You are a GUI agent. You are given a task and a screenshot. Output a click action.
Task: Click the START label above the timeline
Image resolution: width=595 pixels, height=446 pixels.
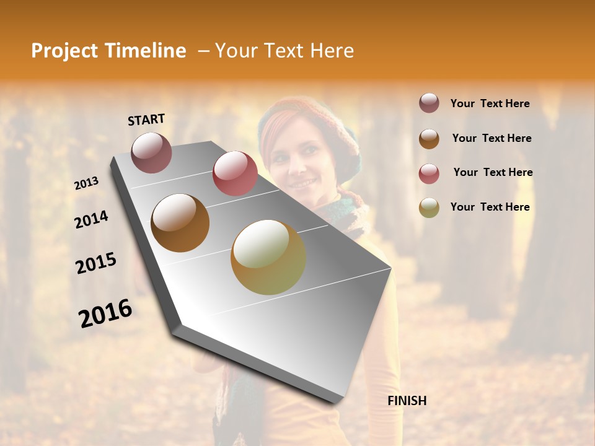[146, 120]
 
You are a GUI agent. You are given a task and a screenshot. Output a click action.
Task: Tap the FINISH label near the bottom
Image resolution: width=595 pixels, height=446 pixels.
[407, 401]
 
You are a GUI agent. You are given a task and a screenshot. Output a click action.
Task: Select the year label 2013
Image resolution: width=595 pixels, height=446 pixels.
[87, 183]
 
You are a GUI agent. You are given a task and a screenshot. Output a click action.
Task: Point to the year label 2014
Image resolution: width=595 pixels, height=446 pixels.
[91, 220]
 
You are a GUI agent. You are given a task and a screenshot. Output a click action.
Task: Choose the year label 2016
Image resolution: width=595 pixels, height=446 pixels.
[105, 313]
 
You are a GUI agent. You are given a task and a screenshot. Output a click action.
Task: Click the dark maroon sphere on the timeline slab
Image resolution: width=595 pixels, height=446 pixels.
[151, 152]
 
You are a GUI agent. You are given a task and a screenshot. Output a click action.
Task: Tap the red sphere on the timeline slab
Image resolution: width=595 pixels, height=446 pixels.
[235, 173]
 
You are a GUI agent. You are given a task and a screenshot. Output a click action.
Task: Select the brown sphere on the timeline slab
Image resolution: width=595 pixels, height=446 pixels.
[180, 223]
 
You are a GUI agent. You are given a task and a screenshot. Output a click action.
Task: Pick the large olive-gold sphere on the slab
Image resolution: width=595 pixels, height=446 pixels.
[268, 257]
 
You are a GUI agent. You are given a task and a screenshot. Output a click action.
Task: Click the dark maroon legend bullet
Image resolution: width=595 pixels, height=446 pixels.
[429, 103]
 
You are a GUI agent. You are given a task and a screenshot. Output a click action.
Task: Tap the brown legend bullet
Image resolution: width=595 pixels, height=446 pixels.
[429, 139]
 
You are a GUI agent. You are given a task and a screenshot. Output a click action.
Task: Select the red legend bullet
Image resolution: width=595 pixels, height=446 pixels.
[429, 173]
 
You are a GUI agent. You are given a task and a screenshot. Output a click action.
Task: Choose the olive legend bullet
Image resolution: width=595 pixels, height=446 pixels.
[429, 208]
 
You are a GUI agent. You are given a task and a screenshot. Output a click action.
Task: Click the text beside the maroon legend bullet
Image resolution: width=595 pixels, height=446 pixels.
[490, 103]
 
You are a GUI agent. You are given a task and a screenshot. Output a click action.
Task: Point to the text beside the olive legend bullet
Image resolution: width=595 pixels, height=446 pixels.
[490, 207]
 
